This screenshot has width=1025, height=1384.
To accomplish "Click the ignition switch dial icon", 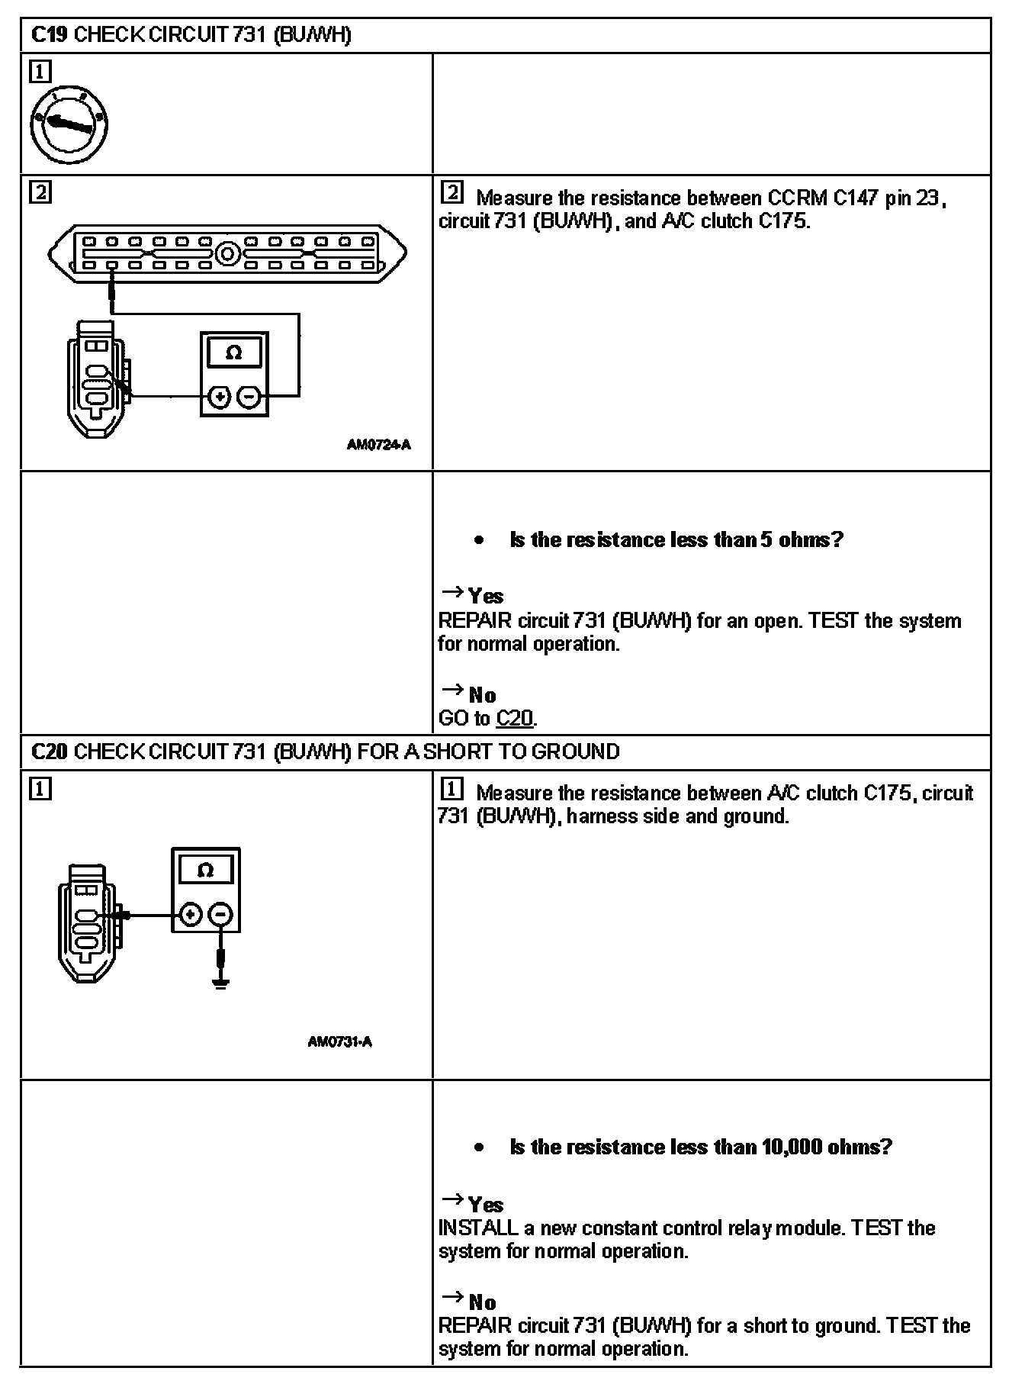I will pos(69,125).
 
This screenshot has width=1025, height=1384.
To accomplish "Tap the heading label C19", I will pos(50,35).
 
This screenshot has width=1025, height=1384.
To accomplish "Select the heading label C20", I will pos(50,752).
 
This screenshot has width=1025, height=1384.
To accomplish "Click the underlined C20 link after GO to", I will pos(515,718).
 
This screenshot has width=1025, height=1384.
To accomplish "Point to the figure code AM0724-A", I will pos(378,445).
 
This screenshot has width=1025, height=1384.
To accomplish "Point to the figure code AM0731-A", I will pos(339,1041).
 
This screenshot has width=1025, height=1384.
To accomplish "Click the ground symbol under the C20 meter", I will pos(220,982).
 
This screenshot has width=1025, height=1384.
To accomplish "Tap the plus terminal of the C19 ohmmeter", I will pos(219,397).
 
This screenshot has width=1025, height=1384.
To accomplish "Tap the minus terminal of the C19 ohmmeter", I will pos(249,397).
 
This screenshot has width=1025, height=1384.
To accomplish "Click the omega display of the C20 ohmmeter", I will pos(205,871).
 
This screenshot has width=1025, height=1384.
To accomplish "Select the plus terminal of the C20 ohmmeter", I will pos(191,914).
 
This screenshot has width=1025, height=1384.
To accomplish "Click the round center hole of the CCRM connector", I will pos(227,253).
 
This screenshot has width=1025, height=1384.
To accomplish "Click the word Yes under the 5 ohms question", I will pos(486,596).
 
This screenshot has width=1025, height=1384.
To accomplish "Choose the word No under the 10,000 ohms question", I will pos(482,1302).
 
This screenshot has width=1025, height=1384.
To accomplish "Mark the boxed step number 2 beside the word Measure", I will pos(451,193).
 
